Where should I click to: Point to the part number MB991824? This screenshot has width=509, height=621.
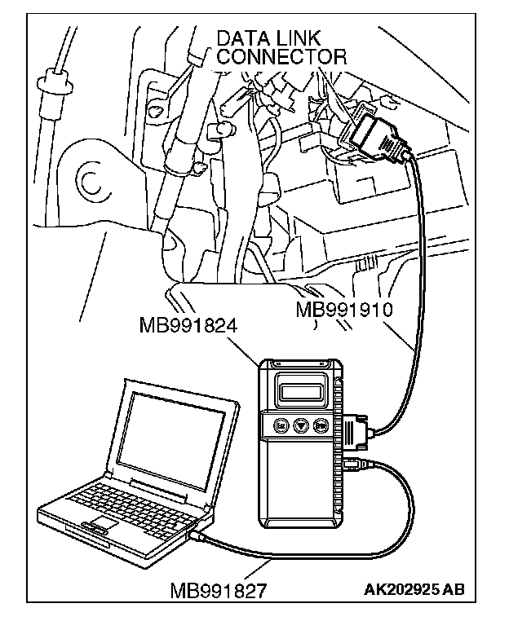(188, 327)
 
